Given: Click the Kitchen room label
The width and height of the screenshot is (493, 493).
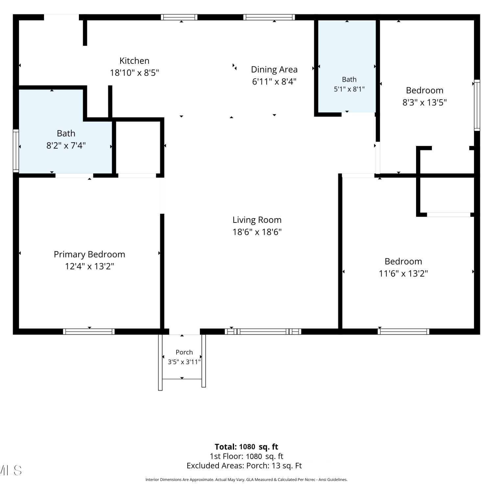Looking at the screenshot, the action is [134, 61].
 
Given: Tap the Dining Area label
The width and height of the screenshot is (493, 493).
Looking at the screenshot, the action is [274, 70].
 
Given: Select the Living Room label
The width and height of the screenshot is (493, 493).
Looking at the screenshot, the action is [257, 220].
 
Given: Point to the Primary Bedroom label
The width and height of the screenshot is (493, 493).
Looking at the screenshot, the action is [89, 254].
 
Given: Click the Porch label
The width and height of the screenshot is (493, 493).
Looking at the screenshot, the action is [184, 352].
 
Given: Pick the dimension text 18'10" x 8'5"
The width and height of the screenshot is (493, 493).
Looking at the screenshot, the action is [134, 73].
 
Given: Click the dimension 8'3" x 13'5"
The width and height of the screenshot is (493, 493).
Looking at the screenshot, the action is [425, 103].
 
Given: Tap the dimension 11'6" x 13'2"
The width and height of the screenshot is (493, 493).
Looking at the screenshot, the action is [403, 273].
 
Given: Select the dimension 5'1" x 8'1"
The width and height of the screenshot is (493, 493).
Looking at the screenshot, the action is [349, 89].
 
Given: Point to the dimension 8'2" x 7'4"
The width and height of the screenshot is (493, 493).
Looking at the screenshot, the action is [66, 145].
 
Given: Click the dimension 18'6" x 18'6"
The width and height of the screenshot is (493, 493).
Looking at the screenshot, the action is [257, 232].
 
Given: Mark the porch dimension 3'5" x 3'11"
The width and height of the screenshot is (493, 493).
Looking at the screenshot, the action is [184, 362].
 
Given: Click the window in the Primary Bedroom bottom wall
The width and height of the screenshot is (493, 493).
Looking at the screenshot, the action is [89, 332].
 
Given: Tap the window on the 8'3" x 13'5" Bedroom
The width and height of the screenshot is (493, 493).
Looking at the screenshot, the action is [477, 105].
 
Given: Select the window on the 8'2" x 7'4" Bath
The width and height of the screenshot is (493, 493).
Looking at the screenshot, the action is [16, 151].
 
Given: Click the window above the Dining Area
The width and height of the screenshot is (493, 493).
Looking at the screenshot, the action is [269, 17].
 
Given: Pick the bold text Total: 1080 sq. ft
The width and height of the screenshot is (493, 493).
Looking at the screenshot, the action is [246, 447].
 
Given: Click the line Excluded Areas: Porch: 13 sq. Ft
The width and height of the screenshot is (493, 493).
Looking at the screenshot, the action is [244, 466].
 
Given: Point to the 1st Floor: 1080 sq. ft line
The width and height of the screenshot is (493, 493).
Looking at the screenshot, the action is [246, 457].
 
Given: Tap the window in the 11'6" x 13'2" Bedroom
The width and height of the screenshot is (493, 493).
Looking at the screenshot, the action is [403, 332].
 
